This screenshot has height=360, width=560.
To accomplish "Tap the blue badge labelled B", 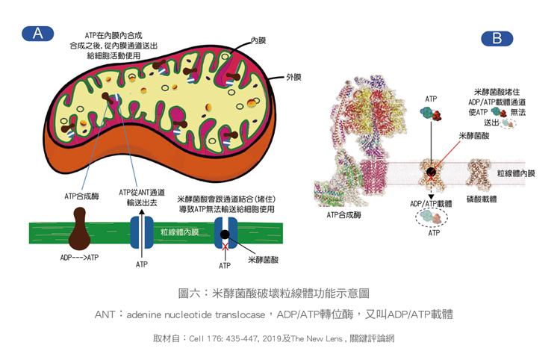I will point(497,38).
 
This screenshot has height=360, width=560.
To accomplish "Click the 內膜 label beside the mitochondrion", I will point(258,39).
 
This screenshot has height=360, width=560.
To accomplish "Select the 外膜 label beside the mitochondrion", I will point(293,77).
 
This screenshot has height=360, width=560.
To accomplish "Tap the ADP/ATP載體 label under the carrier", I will point(432,203).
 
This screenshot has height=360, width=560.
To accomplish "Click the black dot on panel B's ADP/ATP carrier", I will point(432,173).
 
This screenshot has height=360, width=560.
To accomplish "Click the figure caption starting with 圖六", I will point(279,294).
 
